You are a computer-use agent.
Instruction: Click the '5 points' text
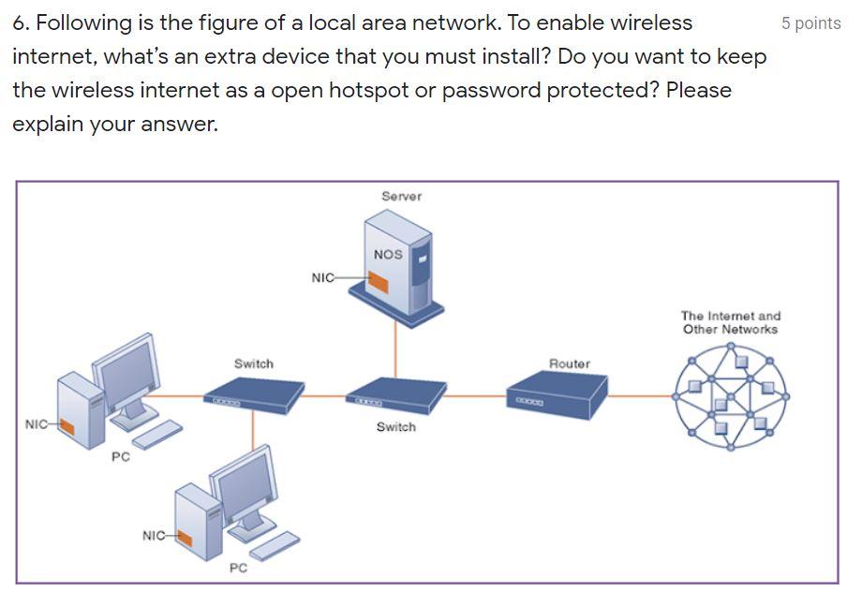tap(810, 23)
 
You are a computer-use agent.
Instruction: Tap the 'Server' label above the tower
tap(401, 196)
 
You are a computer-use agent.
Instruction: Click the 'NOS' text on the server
tap(387, 254)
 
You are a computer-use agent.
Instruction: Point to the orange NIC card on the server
tap(378, 281)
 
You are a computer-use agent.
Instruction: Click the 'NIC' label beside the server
tap(321, 277)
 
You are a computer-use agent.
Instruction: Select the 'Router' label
tap(570, 363)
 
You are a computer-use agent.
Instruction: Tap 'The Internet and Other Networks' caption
tap(731, 322)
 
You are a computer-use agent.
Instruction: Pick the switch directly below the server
tap(394, 395)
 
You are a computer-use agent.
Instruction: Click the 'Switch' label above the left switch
tap(254, 363)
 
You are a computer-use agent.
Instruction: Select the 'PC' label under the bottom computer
tap(238, 568)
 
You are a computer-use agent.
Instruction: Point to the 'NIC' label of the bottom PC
tap(154, 535)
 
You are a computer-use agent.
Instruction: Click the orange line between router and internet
tap(641, 395)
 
